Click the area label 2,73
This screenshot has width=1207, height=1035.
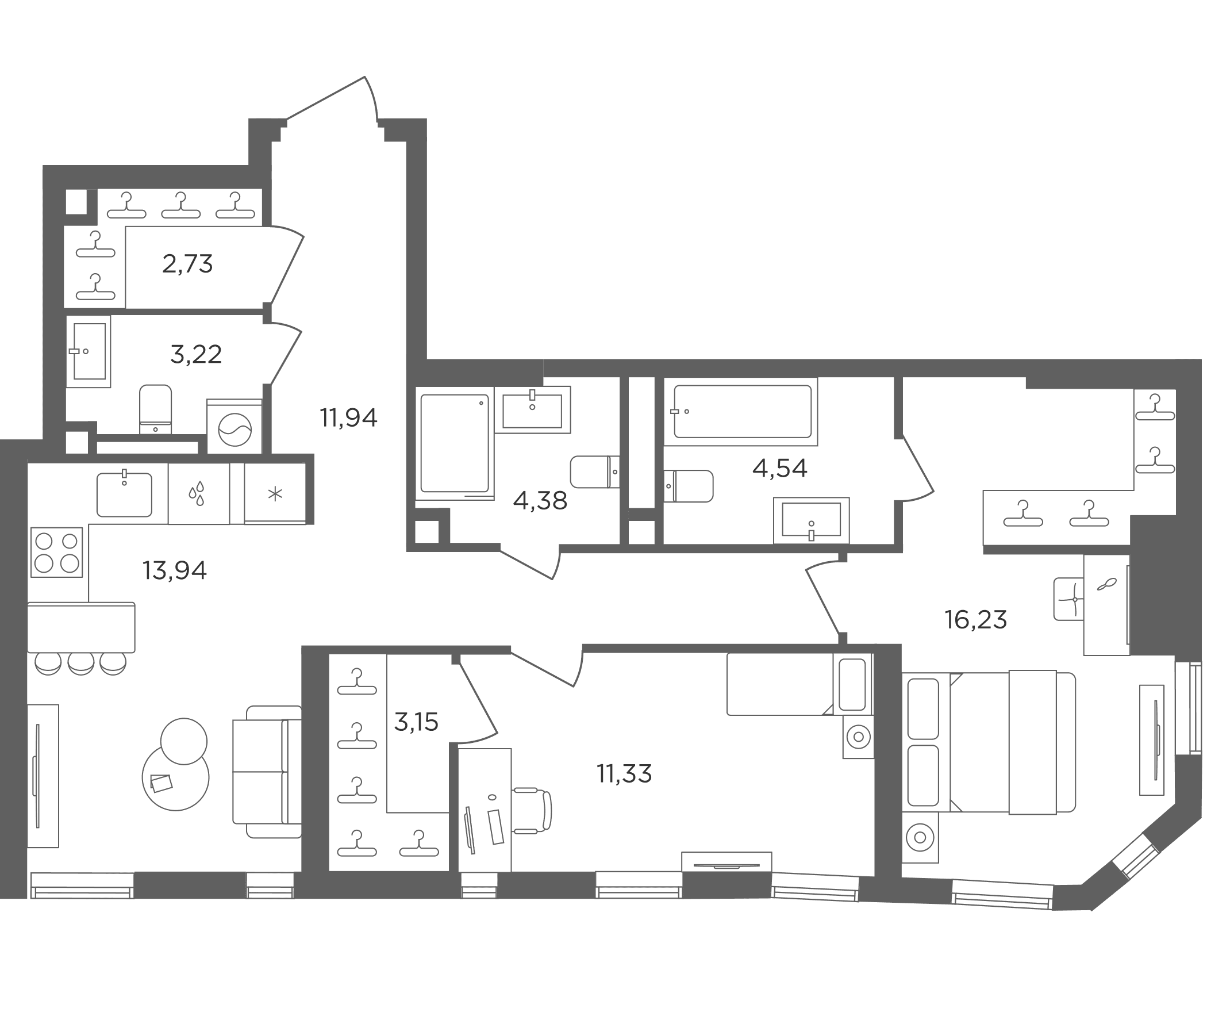coord(187,264)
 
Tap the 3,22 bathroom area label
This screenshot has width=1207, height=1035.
coord(196,354)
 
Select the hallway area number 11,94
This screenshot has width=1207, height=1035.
coord(348,418)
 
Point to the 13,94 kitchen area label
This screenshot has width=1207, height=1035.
coord(174,570)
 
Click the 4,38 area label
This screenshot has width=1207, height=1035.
coord(540,501)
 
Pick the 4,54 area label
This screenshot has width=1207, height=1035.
coord(779,468)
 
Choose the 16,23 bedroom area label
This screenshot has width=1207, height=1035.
coord(976,619)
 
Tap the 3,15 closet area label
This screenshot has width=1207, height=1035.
coord(416,723)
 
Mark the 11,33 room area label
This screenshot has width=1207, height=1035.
coord(624,774)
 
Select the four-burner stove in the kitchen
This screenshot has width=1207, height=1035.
coord(56,553)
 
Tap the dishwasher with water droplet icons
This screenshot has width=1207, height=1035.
coord(199,493)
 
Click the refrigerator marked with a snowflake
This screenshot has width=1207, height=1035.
coord(275,493)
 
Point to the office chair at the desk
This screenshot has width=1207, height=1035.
coord(532,810)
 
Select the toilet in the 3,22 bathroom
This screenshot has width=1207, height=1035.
coord(156,408)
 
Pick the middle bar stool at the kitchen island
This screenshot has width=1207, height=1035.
coord(81,664)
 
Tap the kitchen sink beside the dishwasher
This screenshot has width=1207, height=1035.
coord(124,494)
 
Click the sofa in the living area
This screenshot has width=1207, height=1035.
coord(267,772)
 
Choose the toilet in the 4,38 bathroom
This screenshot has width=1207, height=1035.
coord(595,472)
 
